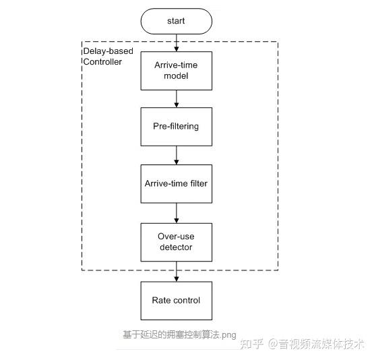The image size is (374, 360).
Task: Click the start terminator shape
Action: click(176, 22)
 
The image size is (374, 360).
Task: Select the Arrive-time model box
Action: click(176, 70)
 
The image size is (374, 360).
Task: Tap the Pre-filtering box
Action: click(176, 126)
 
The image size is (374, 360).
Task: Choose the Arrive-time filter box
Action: click(176, 183)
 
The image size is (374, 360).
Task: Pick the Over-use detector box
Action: click(176, 242)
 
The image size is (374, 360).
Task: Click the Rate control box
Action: click(176, 301)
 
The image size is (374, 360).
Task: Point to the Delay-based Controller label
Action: click(107, 57)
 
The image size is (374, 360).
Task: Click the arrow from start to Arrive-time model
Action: click(176, 42)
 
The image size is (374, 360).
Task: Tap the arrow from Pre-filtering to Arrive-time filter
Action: click(176, 155)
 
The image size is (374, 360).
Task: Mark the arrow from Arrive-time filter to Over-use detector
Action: click(176, 213)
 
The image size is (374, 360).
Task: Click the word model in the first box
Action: click(176, 76)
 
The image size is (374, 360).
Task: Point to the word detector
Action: click(176, 247)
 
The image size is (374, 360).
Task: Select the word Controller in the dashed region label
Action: click(102, 62)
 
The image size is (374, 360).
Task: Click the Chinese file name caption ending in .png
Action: click(179, 334)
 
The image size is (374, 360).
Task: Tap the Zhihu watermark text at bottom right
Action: click(303, 343)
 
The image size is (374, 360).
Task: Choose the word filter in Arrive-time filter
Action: click(197, 183)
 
